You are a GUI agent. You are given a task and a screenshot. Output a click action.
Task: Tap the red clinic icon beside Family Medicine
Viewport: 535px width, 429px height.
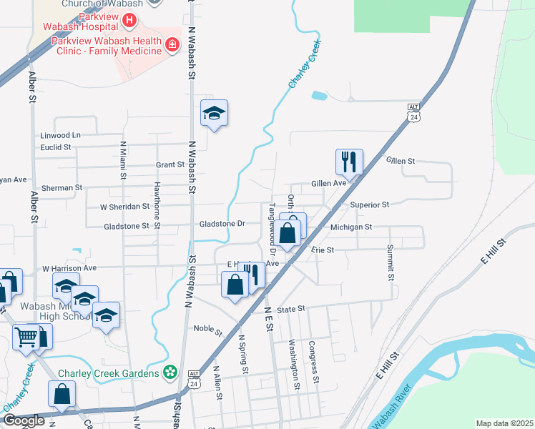click(172, 46)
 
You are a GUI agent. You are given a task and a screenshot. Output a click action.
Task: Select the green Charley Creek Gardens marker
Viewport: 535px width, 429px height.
click(170, 372)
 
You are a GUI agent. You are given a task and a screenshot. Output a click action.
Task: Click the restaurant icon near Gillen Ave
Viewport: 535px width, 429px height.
click(349, 162)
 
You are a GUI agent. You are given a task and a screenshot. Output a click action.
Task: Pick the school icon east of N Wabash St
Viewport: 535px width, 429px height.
click(214, 113)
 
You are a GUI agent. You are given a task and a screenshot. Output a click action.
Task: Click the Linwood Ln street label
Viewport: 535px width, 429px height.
click(60, 135)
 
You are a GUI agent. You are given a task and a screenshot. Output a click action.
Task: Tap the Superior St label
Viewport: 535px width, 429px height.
click(369, 204)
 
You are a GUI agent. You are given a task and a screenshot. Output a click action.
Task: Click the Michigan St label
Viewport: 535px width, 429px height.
click(351, 227)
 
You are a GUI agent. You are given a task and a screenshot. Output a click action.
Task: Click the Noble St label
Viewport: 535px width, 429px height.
click(208, 329)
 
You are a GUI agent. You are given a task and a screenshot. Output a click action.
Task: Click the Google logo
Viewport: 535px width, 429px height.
click(24, 420)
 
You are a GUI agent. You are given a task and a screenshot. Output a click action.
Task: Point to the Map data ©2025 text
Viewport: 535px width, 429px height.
click(504, 423)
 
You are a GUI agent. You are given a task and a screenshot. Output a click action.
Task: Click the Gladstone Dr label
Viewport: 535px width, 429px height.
click(222, 224)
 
